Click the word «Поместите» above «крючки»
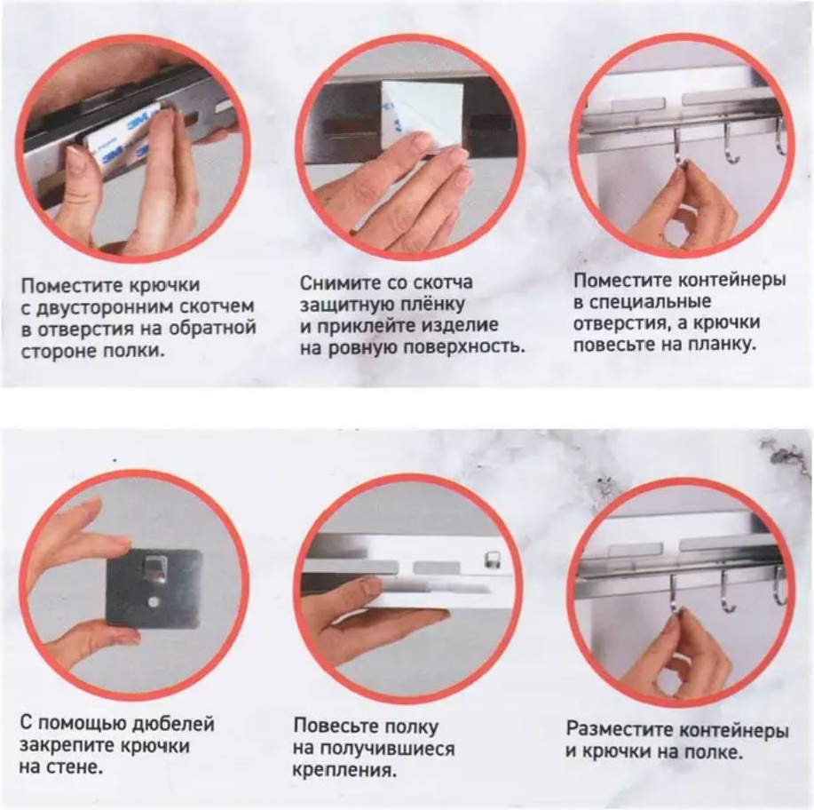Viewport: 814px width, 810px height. pos(72,285)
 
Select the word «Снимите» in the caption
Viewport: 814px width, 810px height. pos(339,282)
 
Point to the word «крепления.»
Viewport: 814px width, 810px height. pos(344,770)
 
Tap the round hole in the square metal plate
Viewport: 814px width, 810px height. pos(154,601)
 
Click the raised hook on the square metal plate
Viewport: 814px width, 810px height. pos(154,567)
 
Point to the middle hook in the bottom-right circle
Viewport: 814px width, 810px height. pos(725,593)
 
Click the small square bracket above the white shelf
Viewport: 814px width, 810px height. pos(491,560)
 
